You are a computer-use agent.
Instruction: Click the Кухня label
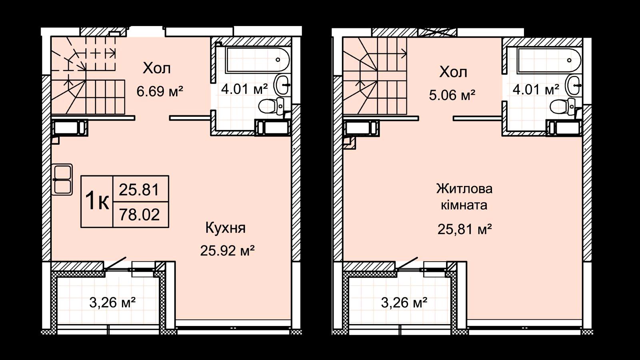(x=226, y=228)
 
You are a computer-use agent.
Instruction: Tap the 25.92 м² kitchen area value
(x=228, y=250)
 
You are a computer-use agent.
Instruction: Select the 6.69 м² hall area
(x=160, y=92)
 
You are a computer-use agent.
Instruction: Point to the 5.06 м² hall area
(x=452, y=95)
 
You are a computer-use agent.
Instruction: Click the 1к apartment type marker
(x=97, y=202)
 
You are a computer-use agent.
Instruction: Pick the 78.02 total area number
(x=139, y=214)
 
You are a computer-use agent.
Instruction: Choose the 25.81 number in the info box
(x=139, y=190)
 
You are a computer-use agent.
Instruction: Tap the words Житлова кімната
(x=464, y=197)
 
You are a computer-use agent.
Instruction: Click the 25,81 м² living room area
(x=464, y=229)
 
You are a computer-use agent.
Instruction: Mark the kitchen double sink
(x=62, y=180)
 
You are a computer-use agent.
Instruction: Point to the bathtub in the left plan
(x=258, y=60)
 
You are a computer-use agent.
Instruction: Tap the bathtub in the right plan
(x=549, y=60)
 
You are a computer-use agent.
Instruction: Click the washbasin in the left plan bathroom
(x=282, y=84)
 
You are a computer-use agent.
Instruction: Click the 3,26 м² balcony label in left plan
(x=112, y=302)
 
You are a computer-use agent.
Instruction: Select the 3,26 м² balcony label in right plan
(x=404, y=302)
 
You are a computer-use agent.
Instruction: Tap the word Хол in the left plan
(x=156, y=68)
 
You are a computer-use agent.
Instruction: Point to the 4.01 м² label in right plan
(x=536, y=90)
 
